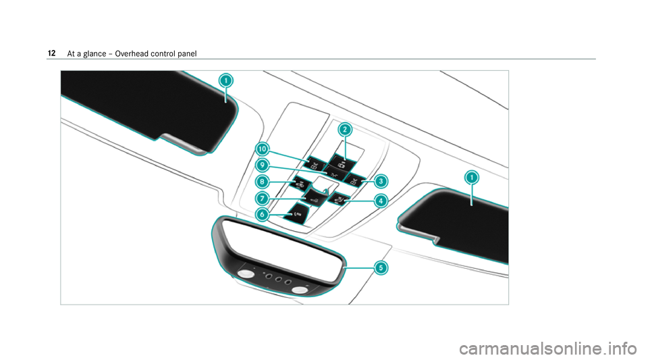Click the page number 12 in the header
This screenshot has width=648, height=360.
(52, 53)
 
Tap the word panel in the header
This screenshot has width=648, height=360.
(187, 54)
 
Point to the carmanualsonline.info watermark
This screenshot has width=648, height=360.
(548, 349)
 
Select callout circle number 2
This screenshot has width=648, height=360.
(345, 130)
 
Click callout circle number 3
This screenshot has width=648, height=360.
(381, 181)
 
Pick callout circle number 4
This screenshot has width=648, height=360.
(381, 201)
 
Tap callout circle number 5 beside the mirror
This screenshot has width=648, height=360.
(381, 268)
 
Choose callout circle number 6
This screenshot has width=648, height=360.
(262, 215)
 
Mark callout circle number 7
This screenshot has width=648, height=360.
(262, 199)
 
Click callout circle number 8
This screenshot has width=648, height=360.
(262, 182)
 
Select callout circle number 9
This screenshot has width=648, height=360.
(262, 165)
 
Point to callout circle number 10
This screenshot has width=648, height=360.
(262, 149)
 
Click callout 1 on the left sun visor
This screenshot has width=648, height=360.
(225, 80)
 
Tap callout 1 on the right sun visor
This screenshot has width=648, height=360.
(472, 178)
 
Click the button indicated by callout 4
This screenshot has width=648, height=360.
(339, 199)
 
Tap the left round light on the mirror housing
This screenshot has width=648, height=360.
(246, 274)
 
